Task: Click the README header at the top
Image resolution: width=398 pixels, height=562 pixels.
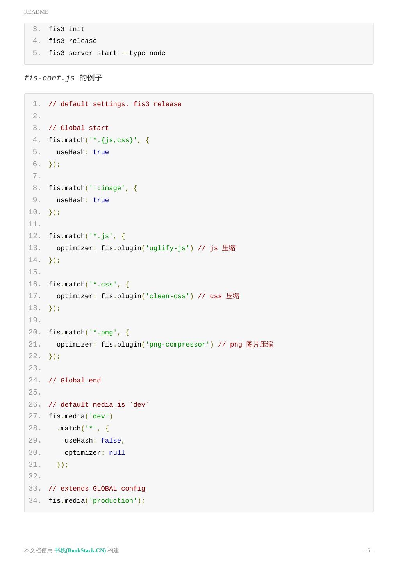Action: pyautogui.click(x=36, y=12)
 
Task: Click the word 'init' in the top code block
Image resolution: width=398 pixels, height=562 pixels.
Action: pyautogui.click(x=77, y=29)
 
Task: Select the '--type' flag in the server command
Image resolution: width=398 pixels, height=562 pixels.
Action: pyautogui.click(x=133, y=53)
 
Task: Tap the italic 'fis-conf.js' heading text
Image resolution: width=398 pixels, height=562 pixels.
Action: pyautogui.click(x=49, y=78)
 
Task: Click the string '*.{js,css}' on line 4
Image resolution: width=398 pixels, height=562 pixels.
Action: pyautogui.click(x=113, y=140)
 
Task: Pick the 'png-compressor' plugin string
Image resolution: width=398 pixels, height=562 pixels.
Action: pyautogui.click(x=177, y=345)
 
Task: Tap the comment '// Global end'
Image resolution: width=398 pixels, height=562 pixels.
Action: pyautogui.click(x=75, y=381)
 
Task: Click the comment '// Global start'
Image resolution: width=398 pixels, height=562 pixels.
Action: pyautogui.click(x=79, y=128)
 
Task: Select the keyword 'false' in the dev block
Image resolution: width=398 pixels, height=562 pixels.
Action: pyautogui.click(x=111, y=441)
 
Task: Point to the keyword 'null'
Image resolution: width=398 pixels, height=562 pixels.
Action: pyautogui.click(x=117, y=453)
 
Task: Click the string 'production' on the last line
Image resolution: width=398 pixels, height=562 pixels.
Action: pyautogui.click(x=113, y=501)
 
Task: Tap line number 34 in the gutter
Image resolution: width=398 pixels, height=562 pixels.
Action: pyautogui.click(x=34, y=501)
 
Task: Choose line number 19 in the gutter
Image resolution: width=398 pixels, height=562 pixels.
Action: pyautogui.click(x=34, y=320)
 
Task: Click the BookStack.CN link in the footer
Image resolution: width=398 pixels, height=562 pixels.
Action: pyautogui.click(x=80, y=550)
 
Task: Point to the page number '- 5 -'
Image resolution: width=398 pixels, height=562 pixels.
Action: pyautogui.click(x=368, y=550)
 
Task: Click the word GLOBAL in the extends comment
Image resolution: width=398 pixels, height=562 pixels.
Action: pyautogui.click(x=105, y=489)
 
